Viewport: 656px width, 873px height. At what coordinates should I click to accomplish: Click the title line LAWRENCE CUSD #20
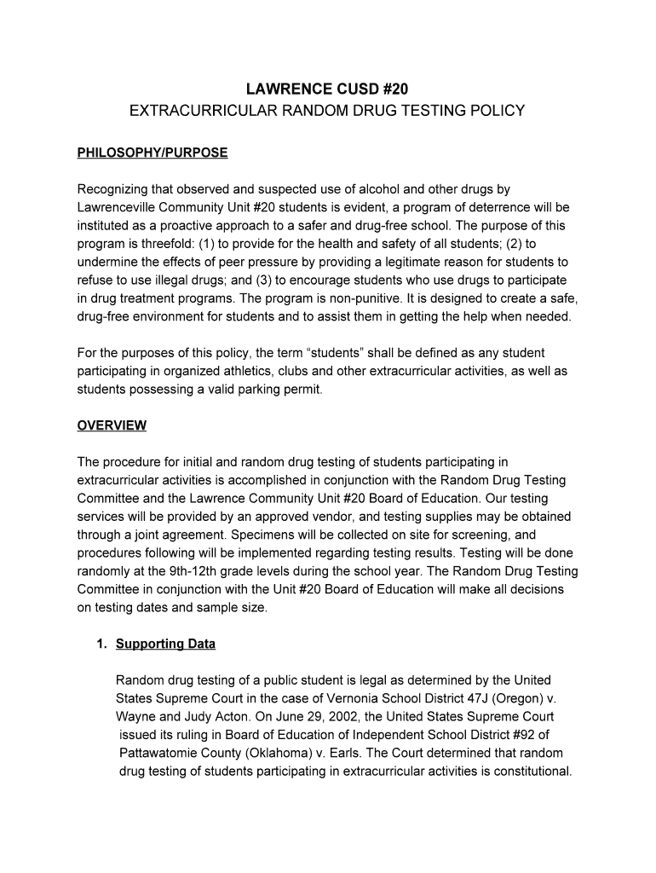(327, 89)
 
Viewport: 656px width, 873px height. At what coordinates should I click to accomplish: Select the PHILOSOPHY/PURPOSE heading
(152, 153)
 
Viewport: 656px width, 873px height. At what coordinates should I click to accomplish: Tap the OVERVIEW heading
(112, 425)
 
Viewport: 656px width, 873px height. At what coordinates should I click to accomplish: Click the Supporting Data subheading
(165, 644)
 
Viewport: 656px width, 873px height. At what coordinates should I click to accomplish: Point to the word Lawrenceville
(118, 207)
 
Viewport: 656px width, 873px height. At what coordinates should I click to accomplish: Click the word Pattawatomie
(165, 754)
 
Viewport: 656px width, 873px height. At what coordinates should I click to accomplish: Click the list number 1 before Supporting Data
(101, 644)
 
